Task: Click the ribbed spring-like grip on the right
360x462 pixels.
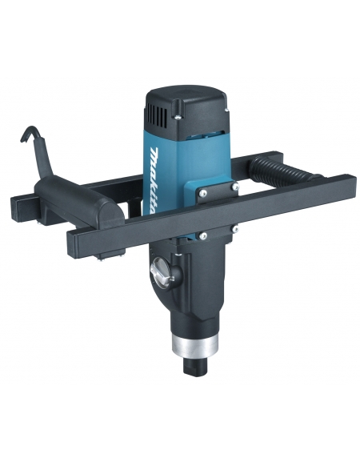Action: tap(280, 172)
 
